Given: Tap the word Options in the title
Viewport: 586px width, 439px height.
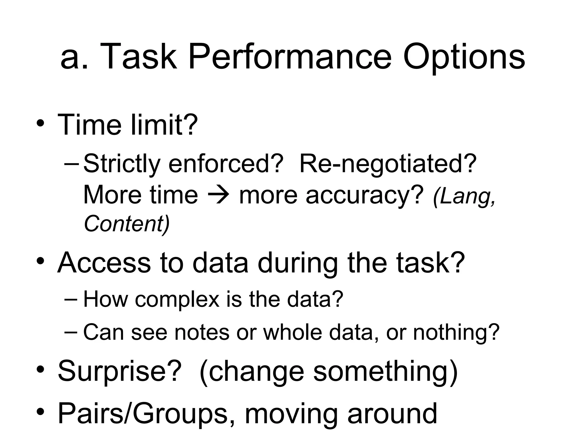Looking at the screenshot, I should [464, 57].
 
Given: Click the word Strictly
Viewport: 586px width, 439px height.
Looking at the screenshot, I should [122, 164].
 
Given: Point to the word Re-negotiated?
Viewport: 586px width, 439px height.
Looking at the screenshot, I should [388, 164].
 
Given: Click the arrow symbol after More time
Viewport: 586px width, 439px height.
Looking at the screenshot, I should [218, 195].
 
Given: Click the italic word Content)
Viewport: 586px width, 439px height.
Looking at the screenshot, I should [127, 224].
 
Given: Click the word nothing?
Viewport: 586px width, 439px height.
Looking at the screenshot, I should [456, 332].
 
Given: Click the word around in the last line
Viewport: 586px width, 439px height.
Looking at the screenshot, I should [392, 414].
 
